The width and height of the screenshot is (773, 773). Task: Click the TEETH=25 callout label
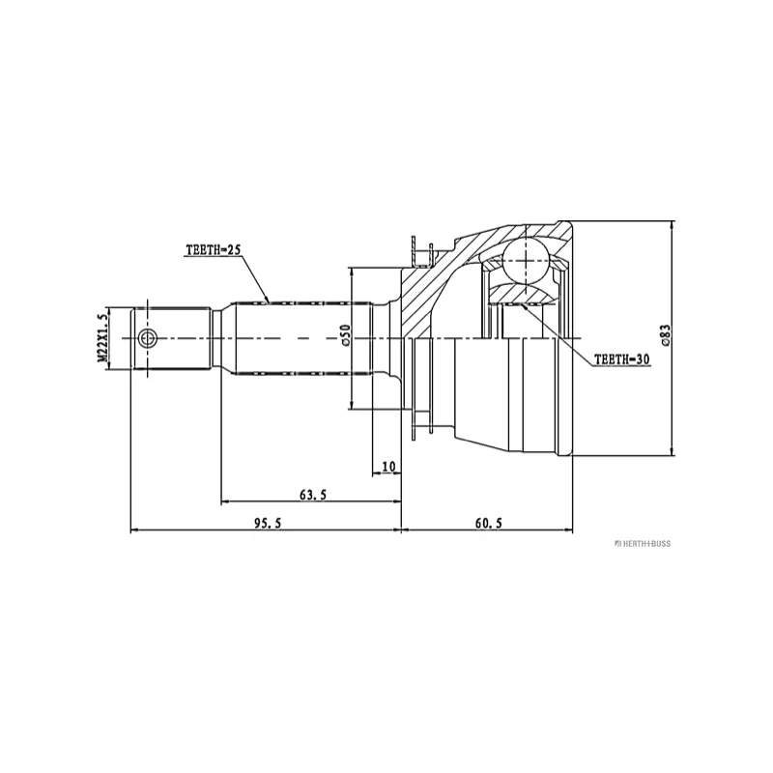213,250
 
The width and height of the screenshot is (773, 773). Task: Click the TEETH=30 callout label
622,359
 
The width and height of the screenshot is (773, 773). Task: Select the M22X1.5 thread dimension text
102,339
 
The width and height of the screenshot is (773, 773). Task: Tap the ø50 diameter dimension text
345,335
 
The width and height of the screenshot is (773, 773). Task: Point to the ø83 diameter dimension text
666,335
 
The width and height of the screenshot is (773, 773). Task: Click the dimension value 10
388,467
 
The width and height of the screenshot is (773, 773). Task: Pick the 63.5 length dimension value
312,494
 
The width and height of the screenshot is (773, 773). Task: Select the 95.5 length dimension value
268,523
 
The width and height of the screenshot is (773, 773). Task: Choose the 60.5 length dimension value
489,523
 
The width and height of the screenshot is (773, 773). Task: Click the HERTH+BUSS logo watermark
643,544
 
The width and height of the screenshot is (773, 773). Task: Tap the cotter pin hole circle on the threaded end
147,338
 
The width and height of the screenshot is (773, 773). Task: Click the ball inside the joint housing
526,261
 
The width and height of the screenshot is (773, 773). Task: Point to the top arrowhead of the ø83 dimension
672,226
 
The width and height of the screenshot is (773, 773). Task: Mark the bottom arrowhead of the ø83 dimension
672,451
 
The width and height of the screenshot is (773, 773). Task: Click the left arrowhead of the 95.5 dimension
135,530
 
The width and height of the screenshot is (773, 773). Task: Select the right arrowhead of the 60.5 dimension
568,530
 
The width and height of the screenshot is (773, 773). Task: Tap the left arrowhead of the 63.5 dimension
226,501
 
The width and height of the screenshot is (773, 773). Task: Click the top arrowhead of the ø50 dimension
351,272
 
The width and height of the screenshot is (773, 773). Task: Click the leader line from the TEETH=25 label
254,278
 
